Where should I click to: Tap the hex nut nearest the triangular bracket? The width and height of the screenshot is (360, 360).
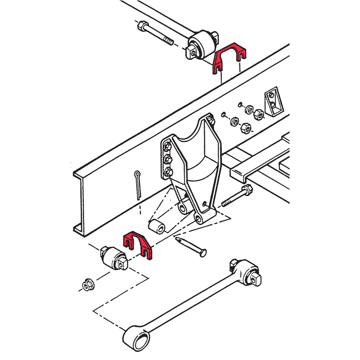coord(259,113)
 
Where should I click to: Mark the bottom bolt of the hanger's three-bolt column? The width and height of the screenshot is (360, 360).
coord(169,171)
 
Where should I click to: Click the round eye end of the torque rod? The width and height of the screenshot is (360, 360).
coord(137,338)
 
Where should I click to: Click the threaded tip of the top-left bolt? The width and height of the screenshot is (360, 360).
coord(167,41)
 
